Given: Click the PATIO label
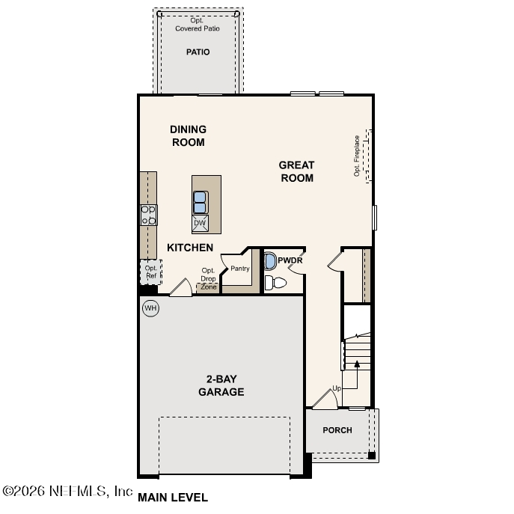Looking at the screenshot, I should coord(198,52).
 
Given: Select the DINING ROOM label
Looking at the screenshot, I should coord(188,135).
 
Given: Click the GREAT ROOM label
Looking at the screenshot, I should coord(296,171).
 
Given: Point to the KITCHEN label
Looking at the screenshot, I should coord(190,248).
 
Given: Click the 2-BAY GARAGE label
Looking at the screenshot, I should coord(221,385).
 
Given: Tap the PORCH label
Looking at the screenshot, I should coord(337,430).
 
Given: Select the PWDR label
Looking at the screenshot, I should coord(290,260).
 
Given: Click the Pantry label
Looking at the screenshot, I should coord(239,268).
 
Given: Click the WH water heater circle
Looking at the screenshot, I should coord(150,308).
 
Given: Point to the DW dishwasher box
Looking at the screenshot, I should coord(200,223).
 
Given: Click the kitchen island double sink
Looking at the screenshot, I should coord(201,202).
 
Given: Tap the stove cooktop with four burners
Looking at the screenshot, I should coord(149,215).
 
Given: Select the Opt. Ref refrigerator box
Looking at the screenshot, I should coord(150,272).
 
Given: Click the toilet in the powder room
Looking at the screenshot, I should coord(276,283).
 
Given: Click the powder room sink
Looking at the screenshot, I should coord(270,261).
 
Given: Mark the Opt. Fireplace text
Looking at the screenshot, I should coord(357,155).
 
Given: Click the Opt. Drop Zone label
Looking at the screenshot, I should coord(208,279).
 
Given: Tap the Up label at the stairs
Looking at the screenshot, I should coord(337,388).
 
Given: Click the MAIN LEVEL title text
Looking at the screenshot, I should coord(173,498).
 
